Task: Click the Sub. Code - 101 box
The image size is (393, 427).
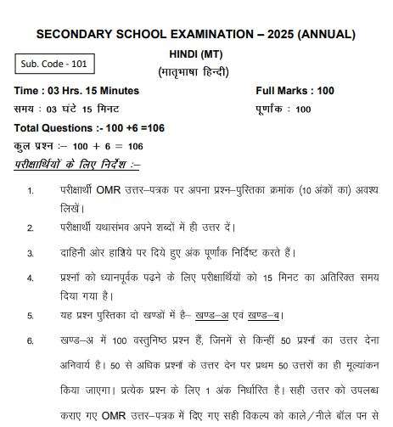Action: click(55, 64)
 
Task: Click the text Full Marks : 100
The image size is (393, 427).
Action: click(295, 91)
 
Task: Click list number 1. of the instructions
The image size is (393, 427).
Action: click(31, 192)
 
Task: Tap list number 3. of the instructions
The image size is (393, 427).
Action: click(31, 253)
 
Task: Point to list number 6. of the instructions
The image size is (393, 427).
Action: click(31, 342)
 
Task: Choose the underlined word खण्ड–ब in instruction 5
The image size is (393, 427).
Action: click(264, 317)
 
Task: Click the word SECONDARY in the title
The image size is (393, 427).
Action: click(76, 34)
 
